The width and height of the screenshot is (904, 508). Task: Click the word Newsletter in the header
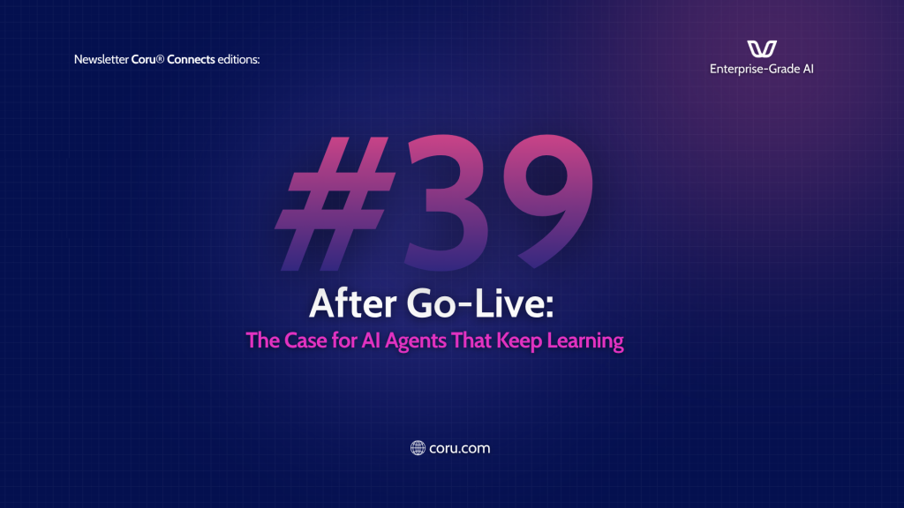tap(101, 59)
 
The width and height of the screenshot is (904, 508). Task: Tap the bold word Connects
tap(191, 59)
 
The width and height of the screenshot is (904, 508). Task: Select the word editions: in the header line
tap(238, 59)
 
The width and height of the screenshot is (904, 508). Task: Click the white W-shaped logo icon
tap(762, 49)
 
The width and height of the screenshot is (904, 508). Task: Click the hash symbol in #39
tap(335, 204)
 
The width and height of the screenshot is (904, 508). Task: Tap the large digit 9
tap(548, 202)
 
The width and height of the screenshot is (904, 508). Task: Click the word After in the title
tap(353, 303)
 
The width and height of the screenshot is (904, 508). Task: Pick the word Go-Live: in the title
tap(480, 303)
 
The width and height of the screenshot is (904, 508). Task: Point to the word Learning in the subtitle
tap(585, 341)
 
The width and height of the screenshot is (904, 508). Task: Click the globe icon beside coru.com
tap(418, 448)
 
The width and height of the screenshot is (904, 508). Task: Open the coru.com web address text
tap(459, 448)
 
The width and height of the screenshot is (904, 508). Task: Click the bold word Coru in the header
tap(144, 59)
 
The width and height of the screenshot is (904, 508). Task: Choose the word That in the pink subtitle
tap(471, 340)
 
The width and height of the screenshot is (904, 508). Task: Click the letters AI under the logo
tap(808, 69)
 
